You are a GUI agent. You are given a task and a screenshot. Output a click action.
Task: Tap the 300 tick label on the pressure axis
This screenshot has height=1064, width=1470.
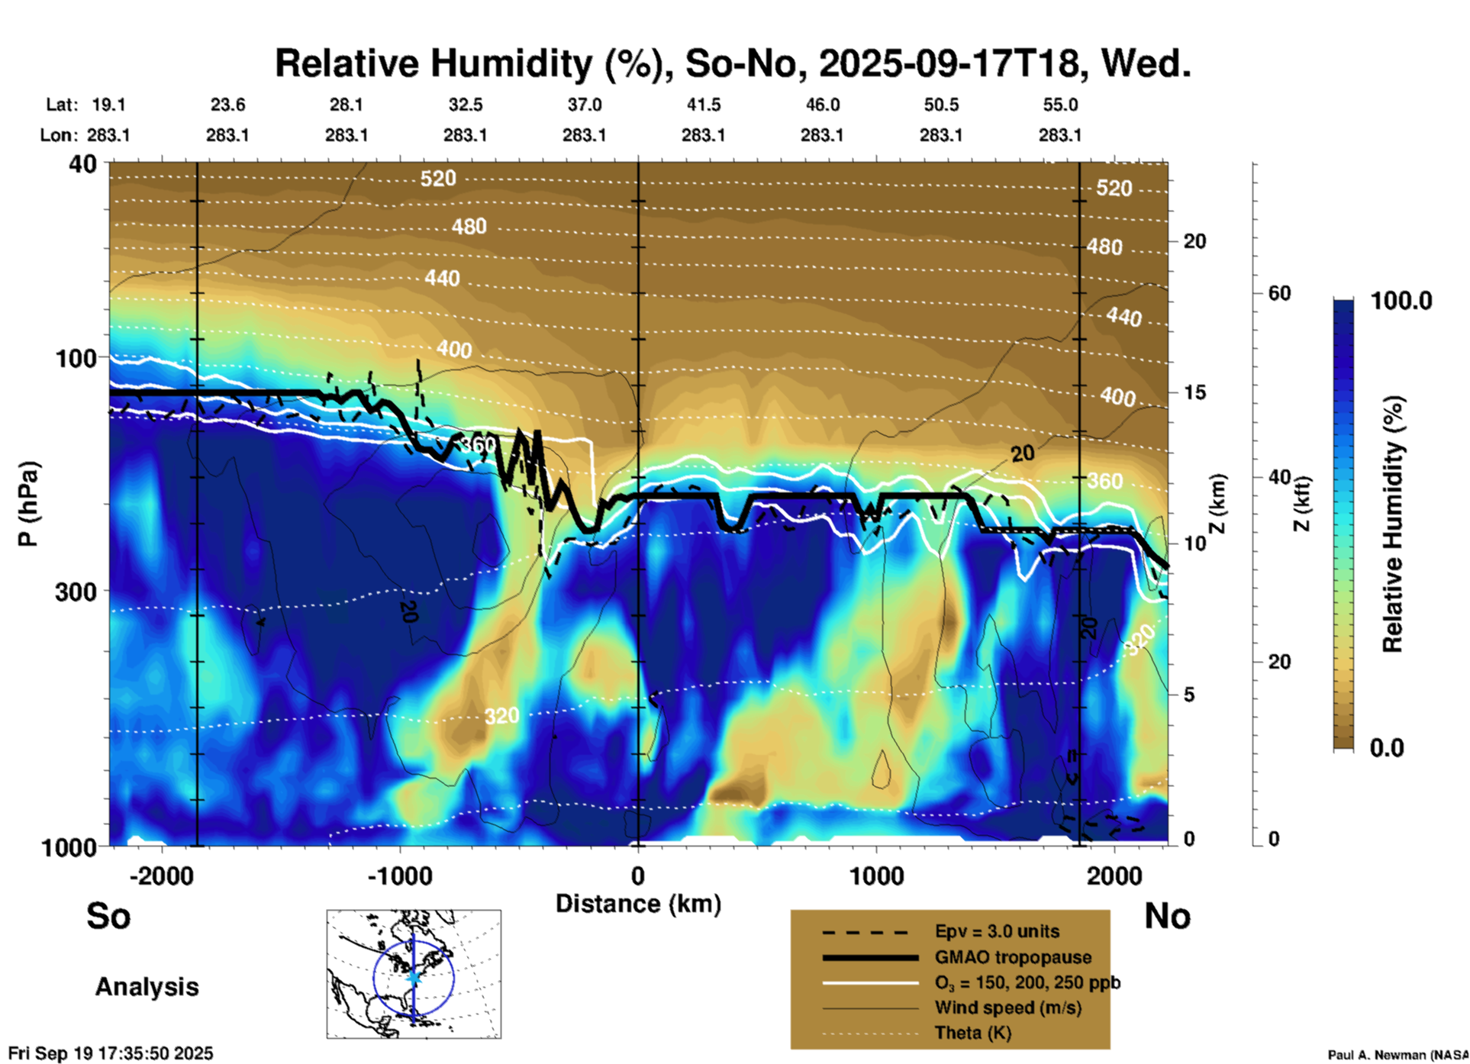pyautogui.click(x=76, y=592)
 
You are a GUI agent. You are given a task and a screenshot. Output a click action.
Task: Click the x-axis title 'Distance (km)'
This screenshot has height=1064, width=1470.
pyautogui.click(x=638, y=904)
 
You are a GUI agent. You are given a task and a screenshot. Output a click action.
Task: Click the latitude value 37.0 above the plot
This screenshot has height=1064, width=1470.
pyautogui.click(x=584, y=105)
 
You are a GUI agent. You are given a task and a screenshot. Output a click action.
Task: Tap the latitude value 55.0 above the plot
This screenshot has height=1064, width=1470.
pyautogui.click(x=1060, y=105)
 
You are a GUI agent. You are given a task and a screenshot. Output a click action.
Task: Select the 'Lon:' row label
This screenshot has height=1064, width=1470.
pyautogui.click(x=59, y=135)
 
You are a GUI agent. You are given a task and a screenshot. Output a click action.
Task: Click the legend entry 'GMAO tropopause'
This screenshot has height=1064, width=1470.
pyautogui.click(x=1013, y=957)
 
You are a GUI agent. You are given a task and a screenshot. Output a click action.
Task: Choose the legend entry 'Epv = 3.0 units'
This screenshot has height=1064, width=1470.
pyautogui.click(x=997, y=931)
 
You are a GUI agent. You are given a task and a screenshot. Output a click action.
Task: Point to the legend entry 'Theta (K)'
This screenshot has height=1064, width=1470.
pyautogui.click(x=972, y=1033)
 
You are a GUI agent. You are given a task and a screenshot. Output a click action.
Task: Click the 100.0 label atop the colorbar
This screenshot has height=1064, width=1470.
pyautogui.click(x=1401, y=301)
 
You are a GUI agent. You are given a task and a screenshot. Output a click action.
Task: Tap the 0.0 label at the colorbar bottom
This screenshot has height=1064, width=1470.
pyautogui.click(x=1387, y=747)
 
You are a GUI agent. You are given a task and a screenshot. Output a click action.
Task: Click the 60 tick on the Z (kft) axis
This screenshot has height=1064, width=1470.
pyautogui.click(x=1279, y=293)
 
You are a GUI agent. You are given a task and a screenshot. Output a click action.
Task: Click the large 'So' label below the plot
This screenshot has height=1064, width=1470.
pyautogui.click(x=108, y=916)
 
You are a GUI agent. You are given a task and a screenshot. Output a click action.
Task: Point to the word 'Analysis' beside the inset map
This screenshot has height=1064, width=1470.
pyautogui.click(x=147, y=987)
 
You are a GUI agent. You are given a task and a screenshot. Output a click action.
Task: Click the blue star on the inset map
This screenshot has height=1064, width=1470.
pyautogui.click(x=414, y=977)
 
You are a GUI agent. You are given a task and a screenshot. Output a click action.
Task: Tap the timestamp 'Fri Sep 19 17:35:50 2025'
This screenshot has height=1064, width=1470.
pyautogui.click(x=111, y=1053)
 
